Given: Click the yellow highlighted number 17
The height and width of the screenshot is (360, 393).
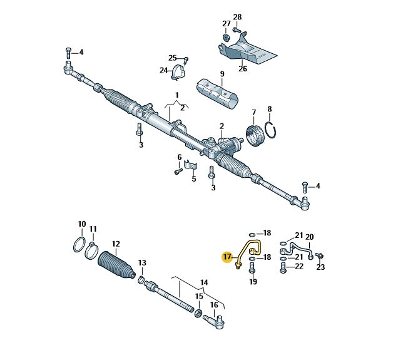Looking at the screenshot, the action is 227,257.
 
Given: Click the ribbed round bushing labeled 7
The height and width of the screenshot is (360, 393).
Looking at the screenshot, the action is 255,135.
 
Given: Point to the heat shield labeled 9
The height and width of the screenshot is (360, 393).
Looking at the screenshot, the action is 217,93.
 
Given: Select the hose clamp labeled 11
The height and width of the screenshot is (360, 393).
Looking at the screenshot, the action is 91,250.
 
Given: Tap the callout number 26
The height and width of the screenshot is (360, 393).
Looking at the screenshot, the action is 243,68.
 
